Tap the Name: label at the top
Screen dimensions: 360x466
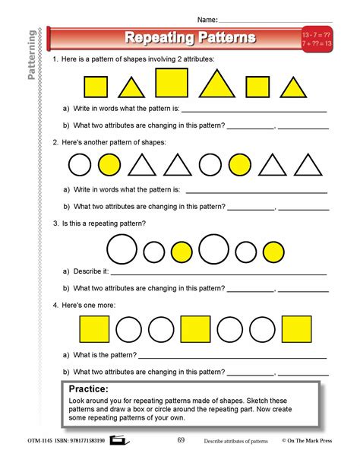click(x=207, y=18)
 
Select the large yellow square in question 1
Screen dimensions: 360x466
click(x=172, y=84)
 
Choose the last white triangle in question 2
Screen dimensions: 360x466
click(x=306, y=164)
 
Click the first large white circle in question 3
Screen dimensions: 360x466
click(x=122, y=249)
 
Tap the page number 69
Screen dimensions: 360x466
click(x=181, y=439)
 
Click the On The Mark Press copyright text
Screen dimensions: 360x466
click(x=308, y=439)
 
